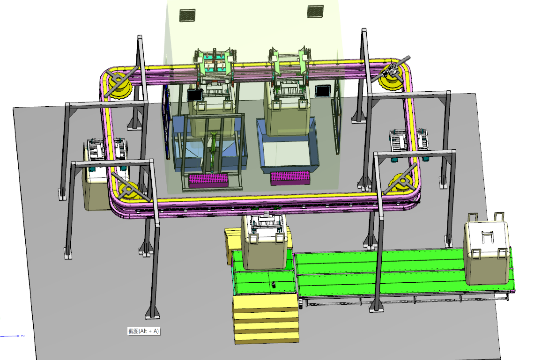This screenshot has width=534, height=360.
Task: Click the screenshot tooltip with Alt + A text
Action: tap(143, 331)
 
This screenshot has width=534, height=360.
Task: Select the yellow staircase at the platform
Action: tap(266, 319)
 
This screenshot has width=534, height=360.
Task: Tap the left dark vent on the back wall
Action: tap(187, 15)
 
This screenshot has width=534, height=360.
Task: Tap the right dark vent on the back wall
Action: tap(315, 11)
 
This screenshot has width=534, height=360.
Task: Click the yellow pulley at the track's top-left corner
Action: tap(119, 82)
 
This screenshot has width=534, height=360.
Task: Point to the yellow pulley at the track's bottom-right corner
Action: tap(402, 182)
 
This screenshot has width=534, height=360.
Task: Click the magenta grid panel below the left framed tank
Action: tap(208, 180)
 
